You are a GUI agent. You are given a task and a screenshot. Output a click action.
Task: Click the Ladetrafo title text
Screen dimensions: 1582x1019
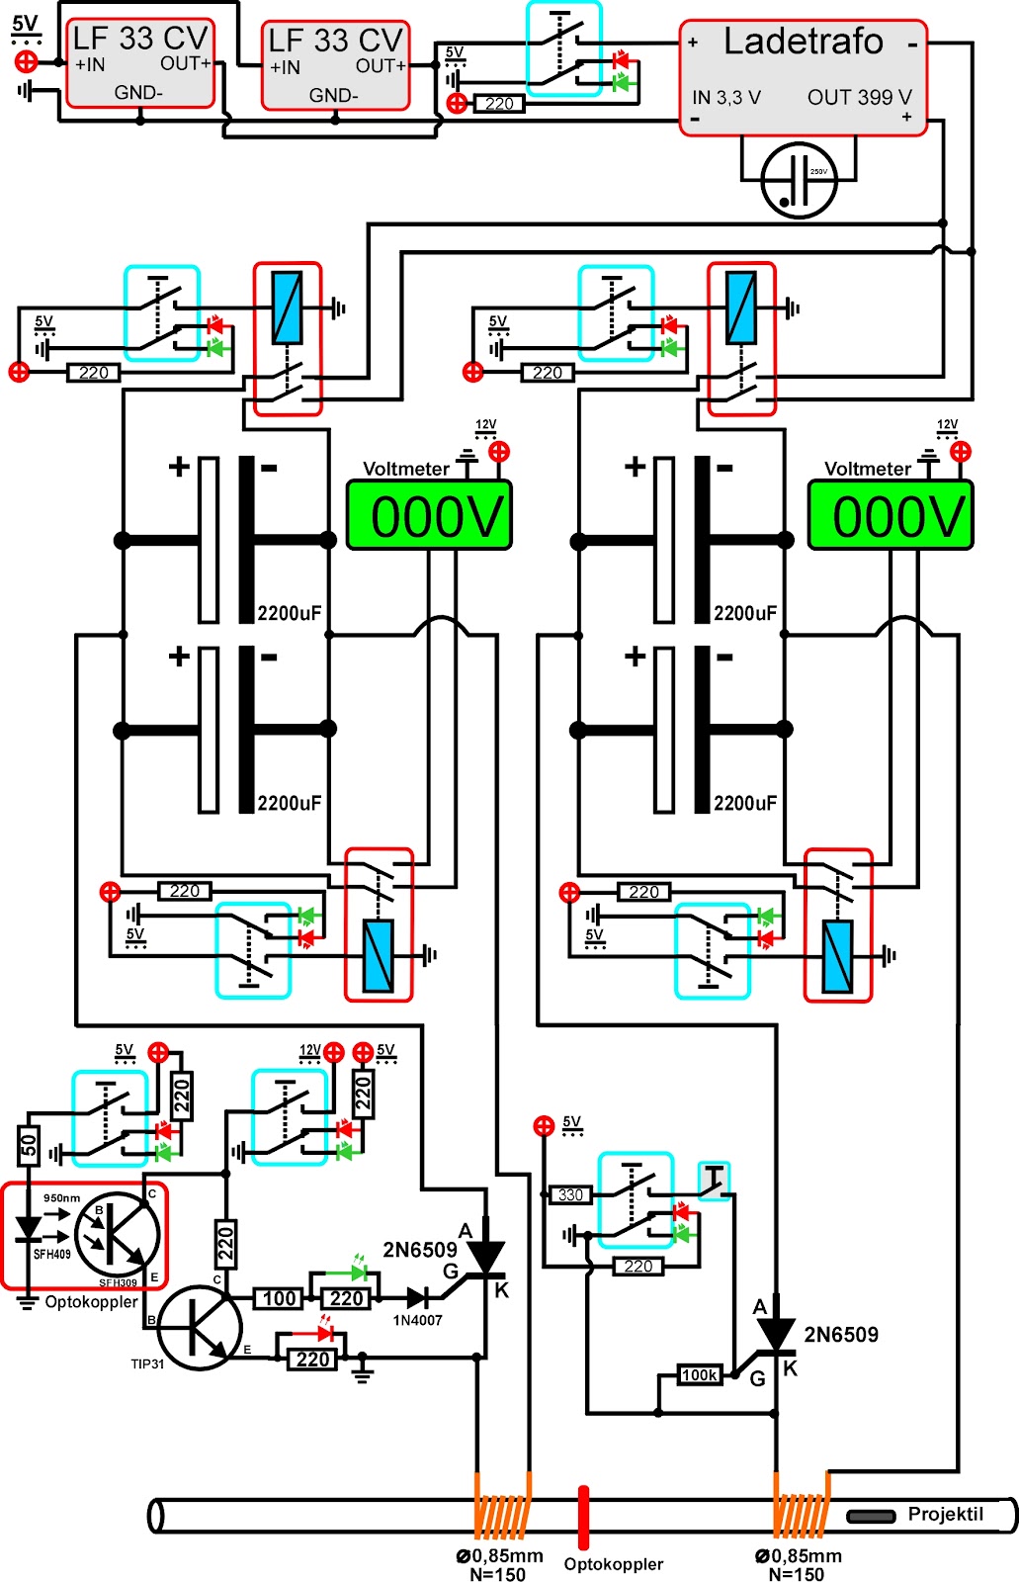coord(803,42)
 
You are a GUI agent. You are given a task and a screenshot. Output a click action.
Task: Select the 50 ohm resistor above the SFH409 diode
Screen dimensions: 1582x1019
coord(29,1145)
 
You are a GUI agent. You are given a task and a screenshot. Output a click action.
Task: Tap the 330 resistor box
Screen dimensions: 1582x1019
coord(571,1194)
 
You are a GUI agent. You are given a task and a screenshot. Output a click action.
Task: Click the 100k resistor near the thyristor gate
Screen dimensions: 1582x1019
coord(699,1374)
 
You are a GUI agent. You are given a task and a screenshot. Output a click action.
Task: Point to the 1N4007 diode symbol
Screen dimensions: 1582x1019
coord(418,1297)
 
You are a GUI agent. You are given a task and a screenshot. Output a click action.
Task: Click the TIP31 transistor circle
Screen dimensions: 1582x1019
coord(200,1328)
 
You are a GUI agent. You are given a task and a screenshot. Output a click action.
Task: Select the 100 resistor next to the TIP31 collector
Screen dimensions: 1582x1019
coord(279,1298)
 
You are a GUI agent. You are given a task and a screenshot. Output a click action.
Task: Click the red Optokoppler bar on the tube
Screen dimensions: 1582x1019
coord(584,1517)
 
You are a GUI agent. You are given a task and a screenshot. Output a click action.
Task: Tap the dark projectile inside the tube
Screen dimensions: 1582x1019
coord(871,1516)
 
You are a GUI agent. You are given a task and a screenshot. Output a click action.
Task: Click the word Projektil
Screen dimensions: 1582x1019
coord(945,1514)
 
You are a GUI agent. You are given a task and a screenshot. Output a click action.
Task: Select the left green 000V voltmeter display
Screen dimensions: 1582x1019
coord(428,516)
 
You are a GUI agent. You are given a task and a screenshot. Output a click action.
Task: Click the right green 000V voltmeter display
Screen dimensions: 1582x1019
coord(891,516)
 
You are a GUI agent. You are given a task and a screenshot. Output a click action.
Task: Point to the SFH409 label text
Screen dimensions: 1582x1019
coord(52,1255)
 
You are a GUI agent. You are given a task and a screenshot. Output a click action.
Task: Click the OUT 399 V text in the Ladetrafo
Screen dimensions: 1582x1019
coord(859,97)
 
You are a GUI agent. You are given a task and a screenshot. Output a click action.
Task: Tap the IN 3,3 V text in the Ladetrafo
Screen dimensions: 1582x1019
coord(726,97)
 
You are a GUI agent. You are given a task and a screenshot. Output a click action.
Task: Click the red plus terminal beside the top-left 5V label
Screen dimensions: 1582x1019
coord(27,61)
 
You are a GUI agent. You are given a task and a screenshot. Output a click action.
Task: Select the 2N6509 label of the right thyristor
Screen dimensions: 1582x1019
coord(840,1335)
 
